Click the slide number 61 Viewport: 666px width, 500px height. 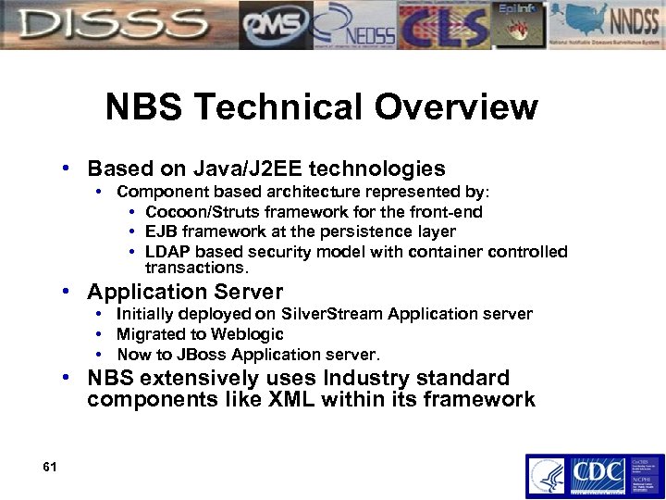click(50, 467)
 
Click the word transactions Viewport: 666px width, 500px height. click(197, 268)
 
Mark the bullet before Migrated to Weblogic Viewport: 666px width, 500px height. click(99, 334)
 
